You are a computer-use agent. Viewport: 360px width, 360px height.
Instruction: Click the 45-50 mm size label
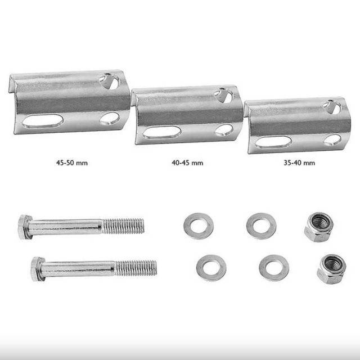pos(72,163)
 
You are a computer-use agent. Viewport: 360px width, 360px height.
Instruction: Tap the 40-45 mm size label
pos(187,163)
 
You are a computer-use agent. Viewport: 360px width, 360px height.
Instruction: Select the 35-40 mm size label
pos(299,163)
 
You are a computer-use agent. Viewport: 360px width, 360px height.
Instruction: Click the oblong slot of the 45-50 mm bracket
pos(43,121)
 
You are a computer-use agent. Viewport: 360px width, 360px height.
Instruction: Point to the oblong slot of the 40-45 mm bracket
pos(162,132)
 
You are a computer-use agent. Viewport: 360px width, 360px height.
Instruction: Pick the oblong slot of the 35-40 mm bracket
pos(273,142)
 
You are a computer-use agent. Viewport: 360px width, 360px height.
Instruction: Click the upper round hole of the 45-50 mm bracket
pos(110,81)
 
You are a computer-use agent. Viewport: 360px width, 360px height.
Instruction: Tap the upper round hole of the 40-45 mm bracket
pos(224,96)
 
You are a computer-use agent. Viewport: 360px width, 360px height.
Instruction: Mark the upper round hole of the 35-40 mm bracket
pos(332,107)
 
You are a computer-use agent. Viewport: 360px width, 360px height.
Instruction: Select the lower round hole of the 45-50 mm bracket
pos(110,119)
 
